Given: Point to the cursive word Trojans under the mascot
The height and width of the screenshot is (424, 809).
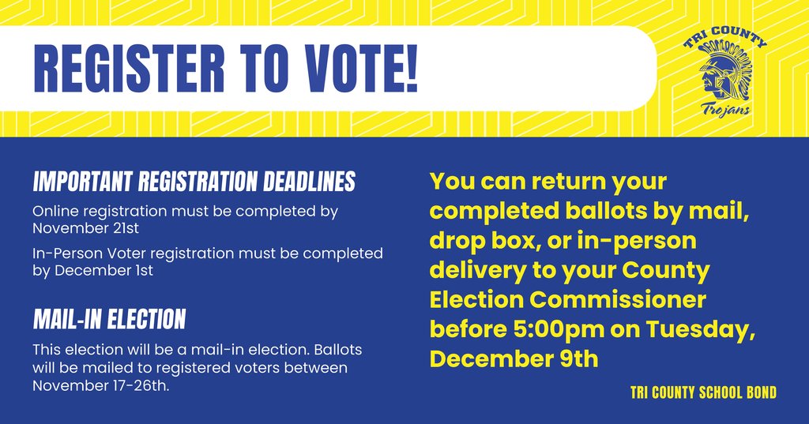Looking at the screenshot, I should coord(725,111).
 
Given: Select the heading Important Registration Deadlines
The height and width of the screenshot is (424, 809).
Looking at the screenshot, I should coord(194,182).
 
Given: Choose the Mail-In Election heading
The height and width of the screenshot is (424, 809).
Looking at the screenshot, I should coord(109,319).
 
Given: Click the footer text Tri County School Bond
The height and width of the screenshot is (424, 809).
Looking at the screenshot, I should coord(703,392).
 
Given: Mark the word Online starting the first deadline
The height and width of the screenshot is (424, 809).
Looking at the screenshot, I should coord(55,211).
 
